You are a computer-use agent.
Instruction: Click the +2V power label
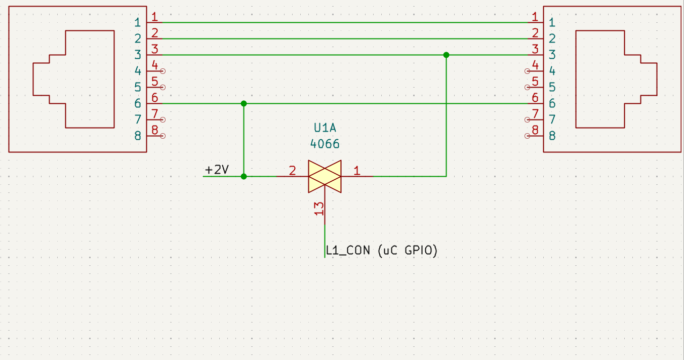pos(217,170)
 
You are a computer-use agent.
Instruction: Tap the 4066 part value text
pos(325,144)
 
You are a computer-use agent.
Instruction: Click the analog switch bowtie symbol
pos(325,176)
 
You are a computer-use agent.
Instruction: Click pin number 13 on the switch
pos(319,209)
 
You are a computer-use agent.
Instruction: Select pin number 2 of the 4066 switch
pos(292,171)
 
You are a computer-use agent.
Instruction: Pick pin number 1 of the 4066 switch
pos(357,171)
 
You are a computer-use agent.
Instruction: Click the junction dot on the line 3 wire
pos(446,55)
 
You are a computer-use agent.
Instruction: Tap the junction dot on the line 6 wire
pos(244,103)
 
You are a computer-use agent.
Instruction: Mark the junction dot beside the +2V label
pos(244,176)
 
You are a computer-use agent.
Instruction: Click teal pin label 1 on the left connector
pos(137,22)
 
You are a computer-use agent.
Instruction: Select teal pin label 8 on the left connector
pos(137,136)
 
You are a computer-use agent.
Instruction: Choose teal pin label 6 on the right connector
pos(552,103)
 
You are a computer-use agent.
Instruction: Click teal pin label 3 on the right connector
pos(552,55)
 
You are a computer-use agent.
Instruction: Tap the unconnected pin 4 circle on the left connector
pos(163,71)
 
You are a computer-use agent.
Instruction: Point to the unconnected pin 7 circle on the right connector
pos(528,119)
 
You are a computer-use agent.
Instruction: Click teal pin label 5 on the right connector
pos(552,87)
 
